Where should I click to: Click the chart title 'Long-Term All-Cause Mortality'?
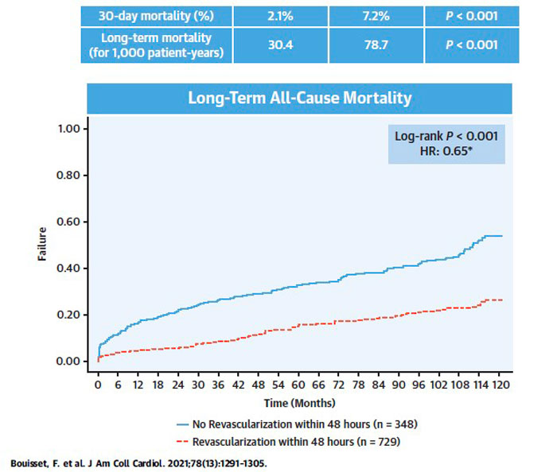299,99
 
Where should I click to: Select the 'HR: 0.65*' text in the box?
446,150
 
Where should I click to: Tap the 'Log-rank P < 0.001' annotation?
446,136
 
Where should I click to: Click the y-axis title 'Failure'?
43,244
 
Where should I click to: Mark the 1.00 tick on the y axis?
72,129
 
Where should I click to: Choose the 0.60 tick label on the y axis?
72,222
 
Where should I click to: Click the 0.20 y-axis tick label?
72,315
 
